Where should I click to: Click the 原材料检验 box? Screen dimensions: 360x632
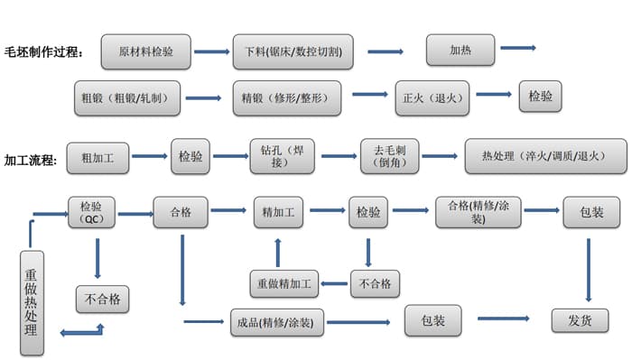click(x=145, y=51)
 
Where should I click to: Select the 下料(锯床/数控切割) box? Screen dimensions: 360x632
click(x=292, y=51)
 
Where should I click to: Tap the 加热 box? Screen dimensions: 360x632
click(x=460, y=50)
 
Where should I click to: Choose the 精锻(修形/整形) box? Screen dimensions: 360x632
click(x=285, y=97)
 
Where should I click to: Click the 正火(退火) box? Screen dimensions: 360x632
click(x=434, y=97)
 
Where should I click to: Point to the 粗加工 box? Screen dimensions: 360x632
click(x=105, y=157)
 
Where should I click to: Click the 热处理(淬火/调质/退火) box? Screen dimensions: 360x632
click(x=544, y=156)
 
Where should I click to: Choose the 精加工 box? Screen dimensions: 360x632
click(x=279, y=214)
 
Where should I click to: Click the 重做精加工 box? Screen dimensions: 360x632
click(x=284, y=283)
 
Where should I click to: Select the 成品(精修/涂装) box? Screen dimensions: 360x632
click(x=274, y=322)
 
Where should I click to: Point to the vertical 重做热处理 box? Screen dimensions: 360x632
click(x=32, y=303)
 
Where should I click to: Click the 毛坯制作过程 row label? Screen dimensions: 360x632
click(x=43, y=52)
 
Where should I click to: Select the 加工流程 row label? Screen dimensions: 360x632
click(x=32, y=161)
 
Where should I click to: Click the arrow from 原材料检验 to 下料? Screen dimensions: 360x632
click(x=211, y=51)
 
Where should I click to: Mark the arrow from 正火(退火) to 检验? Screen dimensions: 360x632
click(x=494, y=94)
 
